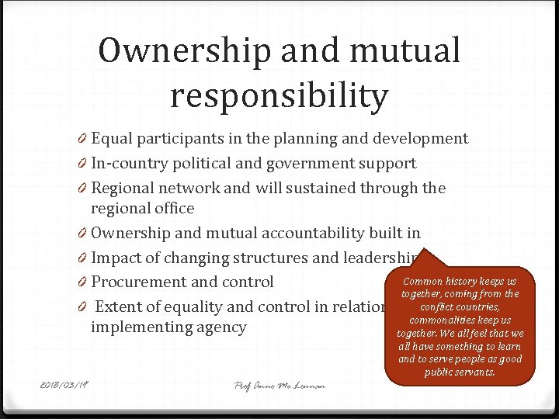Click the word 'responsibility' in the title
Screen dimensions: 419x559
(279, 96)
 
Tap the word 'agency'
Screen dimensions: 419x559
(223, 327)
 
